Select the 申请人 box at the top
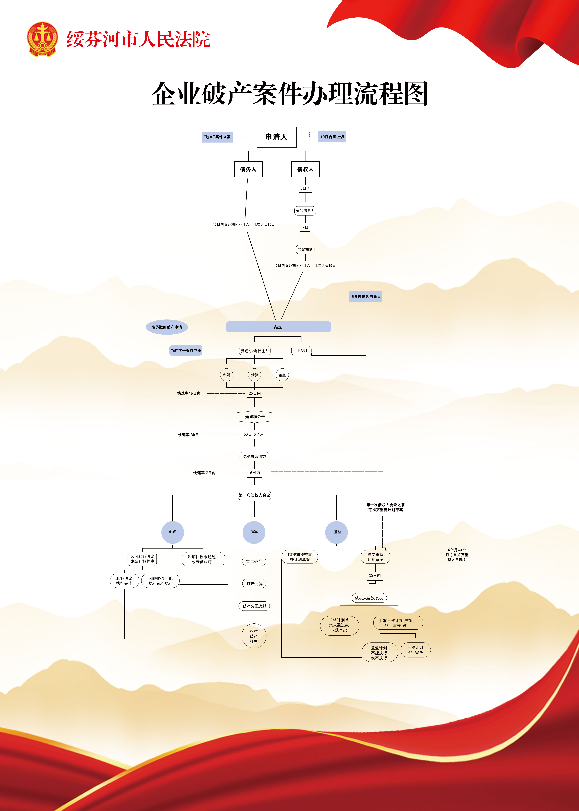tap(277, 137)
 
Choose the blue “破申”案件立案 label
tap(217, 137)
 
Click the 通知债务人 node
tap(305, 211)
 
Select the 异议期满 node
tap(305, 250)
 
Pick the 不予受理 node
tap(301, 351)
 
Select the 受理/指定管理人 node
tap(255, 351)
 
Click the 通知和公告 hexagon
tap(255, 417)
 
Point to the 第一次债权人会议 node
tap(255, 495)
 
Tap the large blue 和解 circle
tap(173, 532)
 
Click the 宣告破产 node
tap(254, 561)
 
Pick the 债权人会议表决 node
tap(369, 598)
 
